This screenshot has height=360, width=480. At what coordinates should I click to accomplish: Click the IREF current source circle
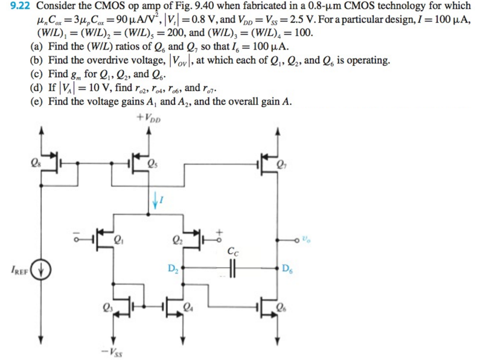[41, 269]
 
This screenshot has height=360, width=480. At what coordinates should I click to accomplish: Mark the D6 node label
[287, 268]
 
